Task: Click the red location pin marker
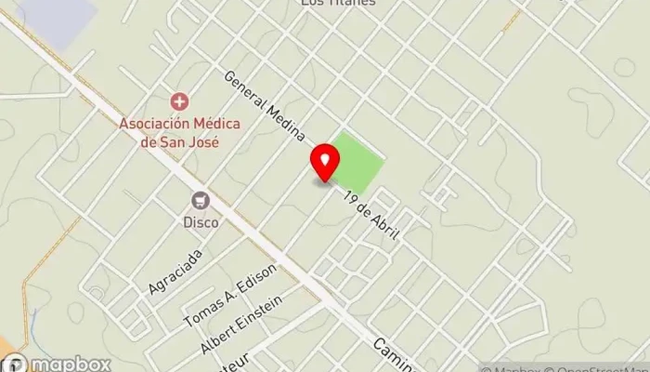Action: [325, 162]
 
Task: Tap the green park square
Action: [357, 160]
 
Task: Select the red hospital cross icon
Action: [177, 100]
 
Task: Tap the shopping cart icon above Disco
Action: [200, 200]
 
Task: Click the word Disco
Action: [200, 223]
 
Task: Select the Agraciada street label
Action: [175, 272]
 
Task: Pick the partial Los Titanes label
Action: [338, 4]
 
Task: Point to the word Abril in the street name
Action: [383, 226]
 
